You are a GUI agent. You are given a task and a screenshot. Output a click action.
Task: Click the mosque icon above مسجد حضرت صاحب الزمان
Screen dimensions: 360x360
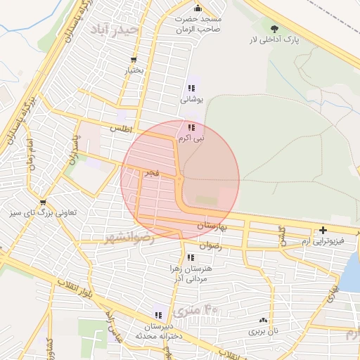(198, 8)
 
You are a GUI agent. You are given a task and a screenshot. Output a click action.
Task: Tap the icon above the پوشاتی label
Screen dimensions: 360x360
(191, 89)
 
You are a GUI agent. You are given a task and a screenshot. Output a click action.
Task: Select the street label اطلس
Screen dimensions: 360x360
(122, 129)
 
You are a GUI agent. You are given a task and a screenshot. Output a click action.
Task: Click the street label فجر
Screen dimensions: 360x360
(151, 172)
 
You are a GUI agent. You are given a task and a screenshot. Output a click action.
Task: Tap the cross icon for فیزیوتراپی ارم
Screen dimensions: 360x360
(323, 230)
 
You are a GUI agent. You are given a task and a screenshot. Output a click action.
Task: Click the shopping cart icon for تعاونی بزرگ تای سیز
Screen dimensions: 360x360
(44, 202)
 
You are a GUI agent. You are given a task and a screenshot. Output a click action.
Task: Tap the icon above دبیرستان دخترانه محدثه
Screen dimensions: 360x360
(158, 315)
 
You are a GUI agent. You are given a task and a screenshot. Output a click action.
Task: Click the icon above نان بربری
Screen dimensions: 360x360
(263, 320)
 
